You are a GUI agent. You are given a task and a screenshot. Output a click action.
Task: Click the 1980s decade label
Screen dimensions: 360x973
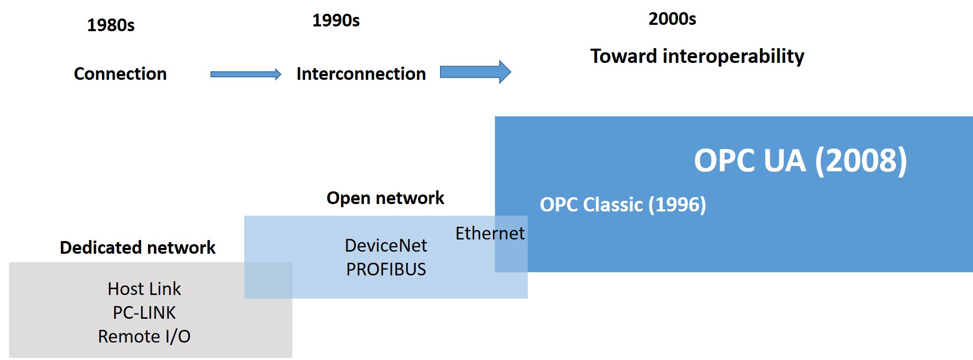point(111,25)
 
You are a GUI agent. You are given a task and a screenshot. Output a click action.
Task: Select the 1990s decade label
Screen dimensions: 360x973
point(336,20)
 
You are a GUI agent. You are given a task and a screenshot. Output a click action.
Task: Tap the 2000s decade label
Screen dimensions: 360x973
point(672,19)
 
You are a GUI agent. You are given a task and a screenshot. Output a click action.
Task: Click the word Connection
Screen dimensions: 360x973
point(120,73)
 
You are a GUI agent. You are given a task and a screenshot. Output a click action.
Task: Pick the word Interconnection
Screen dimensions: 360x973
point(361,73)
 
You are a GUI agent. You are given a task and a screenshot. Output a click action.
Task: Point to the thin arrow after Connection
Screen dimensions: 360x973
point(245,75)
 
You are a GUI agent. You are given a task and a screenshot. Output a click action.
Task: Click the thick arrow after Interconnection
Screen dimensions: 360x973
point(475,72)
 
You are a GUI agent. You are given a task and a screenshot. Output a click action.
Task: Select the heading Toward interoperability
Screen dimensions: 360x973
point(697,56)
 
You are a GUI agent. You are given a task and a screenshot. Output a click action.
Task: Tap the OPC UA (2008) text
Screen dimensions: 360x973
point(800,161)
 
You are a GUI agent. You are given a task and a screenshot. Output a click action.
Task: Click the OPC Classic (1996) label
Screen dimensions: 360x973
point(622,205)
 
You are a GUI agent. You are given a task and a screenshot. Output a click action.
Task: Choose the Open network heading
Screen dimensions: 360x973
point(385,198)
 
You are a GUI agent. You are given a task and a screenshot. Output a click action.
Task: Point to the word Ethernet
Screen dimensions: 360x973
point(490,233)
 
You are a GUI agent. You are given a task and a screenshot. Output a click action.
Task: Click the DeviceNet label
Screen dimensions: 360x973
point(385,245)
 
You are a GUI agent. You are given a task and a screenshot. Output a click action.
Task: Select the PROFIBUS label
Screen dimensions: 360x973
point(385,269)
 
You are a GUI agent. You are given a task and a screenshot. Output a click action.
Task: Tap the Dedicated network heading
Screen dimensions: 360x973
point(137,247)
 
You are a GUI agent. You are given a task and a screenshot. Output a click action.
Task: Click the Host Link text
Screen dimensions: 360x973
point(144,289)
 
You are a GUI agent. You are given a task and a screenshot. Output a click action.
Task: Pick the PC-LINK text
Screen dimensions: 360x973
point(144,312)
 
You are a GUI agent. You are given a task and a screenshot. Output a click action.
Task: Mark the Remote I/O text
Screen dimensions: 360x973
point(144,336)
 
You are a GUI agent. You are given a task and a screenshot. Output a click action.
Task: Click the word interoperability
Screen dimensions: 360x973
point(733,56)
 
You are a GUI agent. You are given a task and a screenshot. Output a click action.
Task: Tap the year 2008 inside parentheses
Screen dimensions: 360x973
point(861,161)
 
